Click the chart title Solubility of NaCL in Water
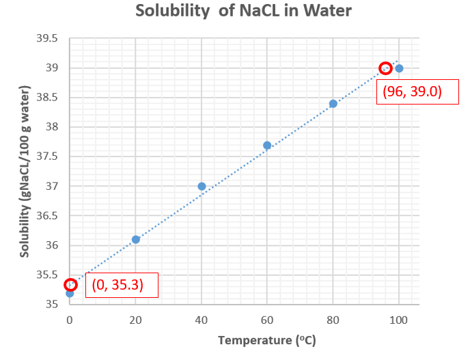pos(235,12)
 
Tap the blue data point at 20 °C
pos(136,239)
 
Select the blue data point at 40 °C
pos(202,186)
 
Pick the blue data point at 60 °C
pos(267,145)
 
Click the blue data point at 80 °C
pos(333,103)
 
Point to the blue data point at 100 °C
pos(399,68)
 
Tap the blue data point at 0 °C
pos(70,292)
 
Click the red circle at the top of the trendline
pos(385,68)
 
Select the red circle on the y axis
pos(70,285)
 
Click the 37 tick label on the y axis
pos(52,186)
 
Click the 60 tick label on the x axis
pos(267,320)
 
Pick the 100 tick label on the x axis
pos(399,320)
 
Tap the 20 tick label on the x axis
pos(136,320)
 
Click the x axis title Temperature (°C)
pos(267,340)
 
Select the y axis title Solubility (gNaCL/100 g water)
pos(25,171)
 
